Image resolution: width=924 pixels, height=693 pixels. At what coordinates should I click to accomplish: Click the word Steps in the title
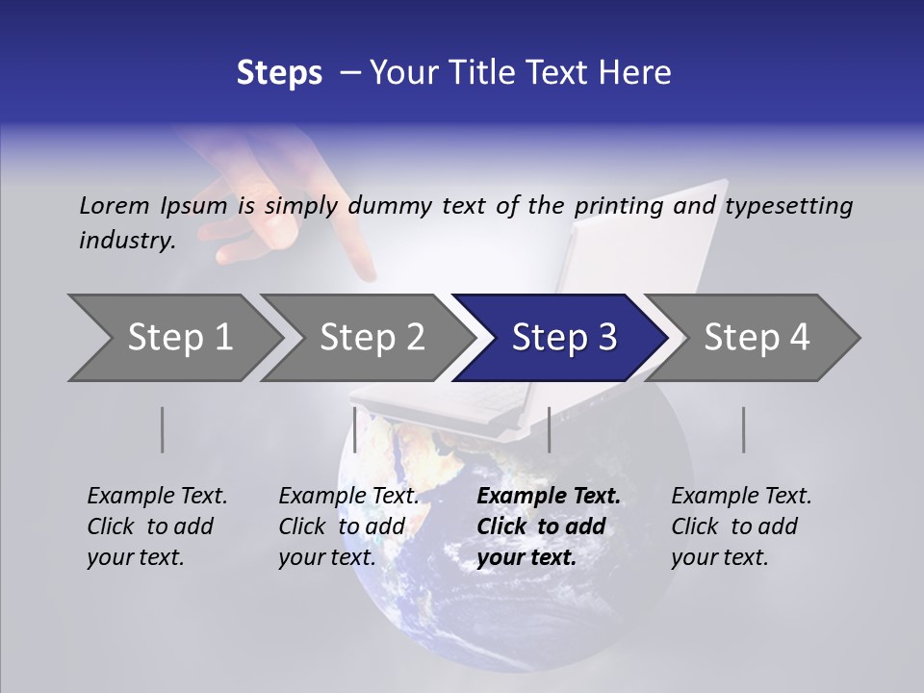click(x=279, y=73)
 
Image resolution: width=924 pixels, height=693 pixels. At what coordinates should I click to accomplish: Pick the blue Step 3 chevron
click(x=562, y=338)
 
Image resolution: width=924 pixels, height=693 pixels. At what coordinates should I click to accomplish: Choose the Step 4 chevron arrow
click(x=755, y=338)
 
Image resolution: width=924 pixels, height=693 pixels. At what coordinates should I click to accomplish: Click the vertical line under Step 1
click(x=163, y=429)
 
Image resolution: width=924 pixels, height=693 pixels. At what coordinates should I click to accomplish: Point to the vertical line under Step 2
click(x=355, y=429)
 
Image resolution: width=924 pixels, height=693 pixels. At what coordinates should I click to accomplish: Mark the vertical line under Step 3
click(x=549, y=429)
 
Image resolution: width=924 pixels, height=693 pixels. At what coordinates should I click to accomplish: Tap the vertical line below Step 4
click(x=743, y=429)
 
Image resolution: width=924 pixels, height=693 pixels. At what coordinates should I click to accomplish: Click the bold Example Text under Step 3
click(x=549, y=497)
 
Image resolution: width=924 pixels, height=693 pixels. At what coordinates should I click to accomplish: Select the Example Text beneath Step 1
click(x=157, y=497)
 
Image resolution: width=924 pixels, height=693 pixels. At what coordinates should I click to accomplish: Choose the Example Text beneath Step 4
click(x=741, y=497)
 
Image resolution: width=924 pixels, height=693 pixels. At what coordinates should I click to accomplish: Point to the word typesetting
click(x=788, y=206)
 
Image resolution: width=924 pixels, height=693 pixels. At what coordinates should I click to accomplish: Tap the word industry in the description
click(x=126, y=241)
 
